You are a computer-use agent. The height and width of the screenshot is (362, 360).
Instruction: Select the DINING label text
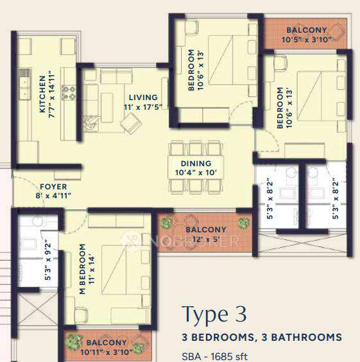tap(191, 164)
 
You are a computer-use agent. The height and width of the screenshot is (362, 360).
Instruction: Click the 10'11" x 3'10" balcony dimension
tap(107, 350)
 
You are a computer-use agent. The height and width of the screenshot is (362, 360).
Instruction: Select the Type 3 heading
tap(214, 315)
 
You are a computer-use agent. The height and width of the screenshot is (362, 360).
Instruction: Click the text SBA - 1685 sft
tap(215, 356)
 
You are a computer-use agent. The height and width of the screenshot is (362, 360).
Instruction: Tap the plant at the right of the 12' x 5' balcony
tap(243, 223)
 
